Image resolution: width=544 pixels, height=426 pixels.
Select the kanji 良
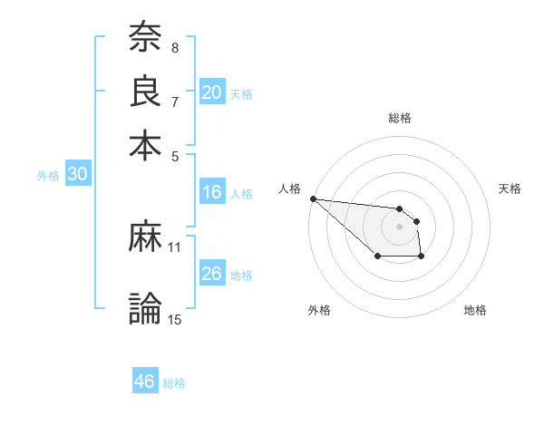[x=145, y=92]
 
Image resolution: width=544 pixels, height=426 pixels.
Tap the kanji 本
[x=145, y=145]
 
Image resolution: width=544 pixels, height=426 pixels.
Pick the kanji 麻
[x=145, y=237]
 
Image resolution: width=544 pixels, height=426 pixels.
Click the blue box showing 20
[x=212, y=92]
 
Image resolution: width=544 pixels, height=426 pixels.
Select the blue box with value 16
[x=212, y=192]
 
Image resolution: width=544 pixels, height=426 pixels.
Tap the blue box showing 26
[x=212, y=274]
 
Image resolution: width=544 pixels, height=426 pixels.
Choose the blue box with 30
[x=77, y=175]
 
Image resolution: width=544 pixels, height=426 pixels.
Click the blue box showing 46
[x=145, y=382]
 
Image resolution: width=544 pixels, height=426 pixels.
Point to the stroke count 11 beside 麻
[x=175, y=247]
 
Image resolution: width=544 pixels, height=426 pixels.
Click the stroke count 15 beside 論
[x=175, y=318]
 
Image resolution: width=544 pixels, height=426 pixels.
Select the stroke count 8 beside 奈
[x=175, y=47]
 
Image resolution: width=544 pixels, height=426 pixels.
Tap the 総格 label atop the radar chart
[x=400, y=118]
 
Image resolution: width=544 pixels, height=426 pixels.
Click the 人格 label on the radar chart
[x=290, y=189]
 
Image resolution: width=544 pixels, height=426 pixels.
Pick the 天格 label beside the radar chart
[x=510, y=189]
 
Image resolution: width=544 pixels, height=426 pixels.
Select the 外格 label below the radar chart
[x=319, y=310]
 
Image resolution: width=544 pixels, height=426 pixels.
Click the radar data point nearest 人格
[x=313, y=198]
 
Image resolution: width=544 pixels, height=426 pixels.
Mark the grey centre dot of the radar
[x=400, y=226]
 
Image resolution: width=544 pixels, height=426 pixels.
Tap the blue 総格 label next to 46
[x=174, y=383]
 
